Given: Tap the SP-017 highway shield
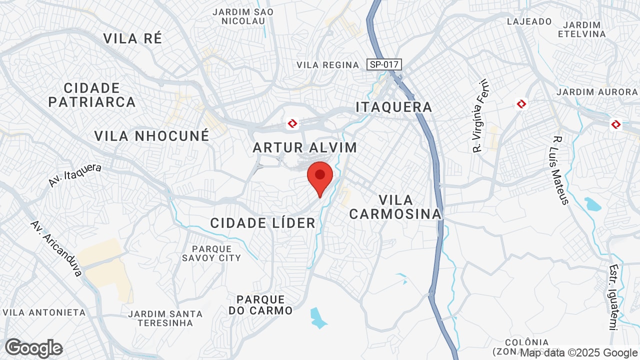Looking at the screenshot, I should click(x=384, y=64).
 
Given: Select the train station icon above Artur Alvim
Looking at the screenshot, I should click(x=292, y=123).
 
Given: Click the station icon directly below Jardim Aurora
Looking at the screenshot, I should click(x=616, y=124).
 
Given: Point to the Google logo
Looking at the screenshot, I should click(x=33, y=348).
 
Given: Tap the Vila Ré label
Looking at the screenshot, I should click(x=132, y=38).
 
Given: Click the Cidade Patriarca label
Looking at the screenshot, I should click(x=92, y=95).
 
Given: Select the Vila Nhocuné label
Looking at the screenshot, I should click(x=151, y=135).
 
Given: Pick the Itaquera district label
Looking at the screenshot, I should click(x=394, y=107).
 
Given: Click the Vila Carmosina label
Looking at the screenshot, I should click(x=395, y=207).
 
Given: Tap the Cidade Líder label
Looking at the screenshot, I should click(x=263, y=223).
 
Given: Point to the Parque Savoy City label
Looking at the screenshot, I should click(x=211, y=253).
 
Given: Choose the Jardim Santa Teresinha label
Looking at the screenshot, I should click(x=165, y=318).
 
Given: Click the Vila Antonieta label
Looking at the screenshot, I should click(x=44, y=312).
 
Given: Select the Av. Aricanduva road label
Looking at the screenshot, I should click(x=55, y=248).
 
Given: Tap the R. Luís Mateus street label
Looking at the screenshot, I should click(x=561, y=170).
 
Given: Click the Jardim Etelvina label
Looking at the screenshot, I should click(x=581, y=29).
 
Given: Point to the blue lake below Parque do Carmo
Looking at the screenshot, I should click(x=317, y=318).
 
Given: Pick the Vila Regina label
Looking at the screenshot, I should click(x=328, y=65).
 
